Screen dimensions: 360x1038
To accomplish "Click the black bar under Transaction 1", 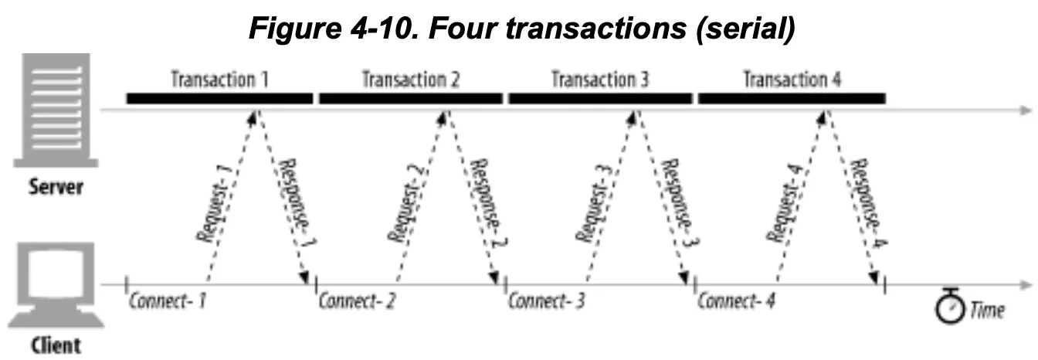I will click(220, 98).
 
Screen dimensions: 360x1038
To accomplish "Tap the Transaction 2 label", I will click(411, 79).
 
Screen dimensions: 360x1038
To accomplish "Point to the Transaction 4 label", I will click(792, 79).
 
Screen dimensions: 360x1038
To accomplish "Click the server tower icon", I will click(56, 113).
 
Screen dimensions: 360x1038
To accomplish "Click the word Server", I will click(56, 188).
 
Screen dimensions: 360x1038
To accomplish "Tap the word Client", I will click(56, 345).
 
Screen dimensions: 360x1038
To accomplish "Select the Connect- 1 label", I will click(168, 301).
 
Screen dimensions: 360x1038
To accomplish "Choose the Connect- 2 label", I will click(358, 301).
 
